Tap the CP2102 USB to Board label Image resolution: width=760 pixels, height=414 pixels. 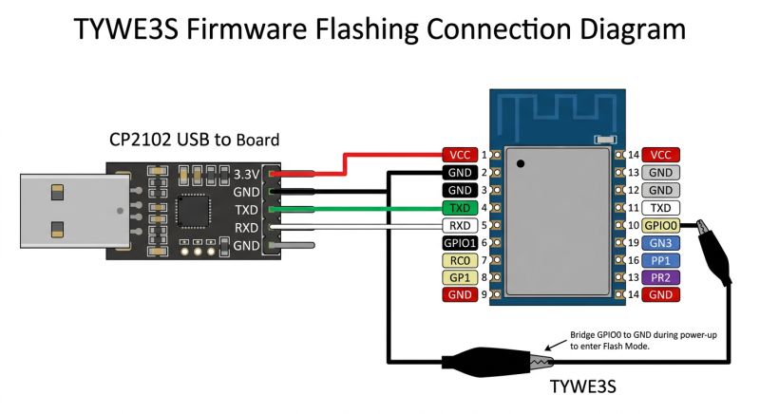pyautogui.click(x=194, y=140)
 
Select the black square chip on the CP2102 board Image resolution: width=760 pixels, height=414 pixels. pyautogui.click(x=196, y=210)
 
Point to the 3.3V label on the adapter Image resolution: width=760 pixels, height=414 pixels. pyautogui.click(x=246, y=174)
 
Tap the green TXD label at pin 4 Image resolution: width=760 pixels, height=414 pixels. pyautogui.click(x=460, y=208)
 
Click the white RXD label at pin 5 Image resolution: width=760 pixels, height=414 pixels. pyautogui.click(x=460, y=226)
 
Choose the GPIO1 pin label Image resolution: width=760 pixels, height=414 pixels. pyautogui.click(x=460, y=243)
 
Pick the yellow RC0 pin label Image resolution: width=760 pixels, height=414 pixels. pyautogui.click(x=460, y=260)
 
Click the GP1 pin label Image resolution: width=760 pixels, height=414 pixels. pyautogui.click(x=460, y=277)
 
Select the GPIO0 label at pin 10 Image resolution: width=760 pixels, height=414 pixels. pyautogui.click(x=659, y=226)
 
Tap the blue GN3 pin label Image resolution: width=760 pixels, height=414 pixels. pyautogui.click(x=659, y=243)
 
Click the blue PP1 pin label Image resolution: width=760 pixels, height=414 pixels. pyautogui.click(x=659, y=260)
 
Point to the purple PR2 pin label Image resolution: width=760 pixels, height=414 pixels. pyautogui.click(x=659, y=277)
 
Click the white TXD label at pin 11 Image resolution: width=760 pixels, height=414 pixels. pyautogui.click(x=659, y=208)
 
